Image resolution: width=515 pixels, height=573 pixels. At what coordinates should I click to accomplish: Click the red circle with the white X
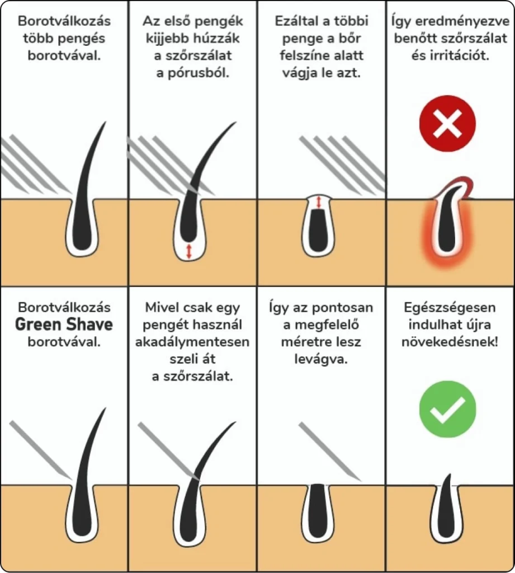tap(447, 123)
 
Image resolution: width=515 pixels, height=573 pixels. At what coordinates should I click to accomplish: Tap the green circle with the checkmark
tap(447, 409)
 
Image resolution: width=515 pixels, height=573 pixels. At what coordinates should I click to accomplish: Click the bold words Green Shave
tap(64, 325)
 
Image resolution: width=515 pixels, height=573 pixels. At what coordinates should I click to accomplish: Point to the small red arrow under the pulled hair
tap(189, 251)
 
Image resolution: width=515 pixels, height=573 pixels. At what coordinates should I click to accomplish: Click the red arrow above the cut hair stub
tap(319, 202)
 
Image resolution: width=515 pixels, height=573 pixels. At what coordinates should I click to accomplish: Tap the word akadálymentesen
tap(192, 342)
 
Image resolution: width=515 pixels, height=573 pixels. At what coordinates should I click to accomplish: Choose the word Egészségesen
tap(450, 308)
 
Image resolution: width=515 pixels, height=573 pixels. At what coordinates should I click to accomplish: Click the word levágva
tap(321, 359)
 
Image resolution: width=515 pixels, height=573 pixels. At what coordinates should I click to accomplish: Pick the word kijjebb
tap(165, 39)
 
